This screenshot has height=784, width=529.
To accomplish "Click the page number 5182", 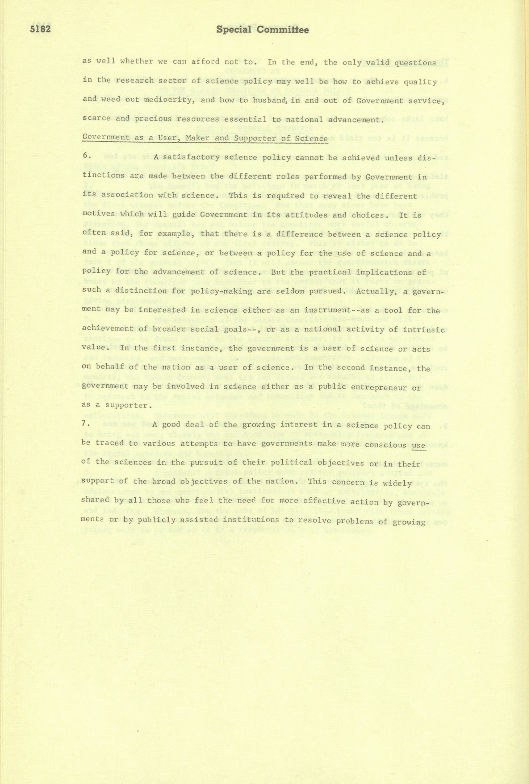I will coord(40,30).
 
